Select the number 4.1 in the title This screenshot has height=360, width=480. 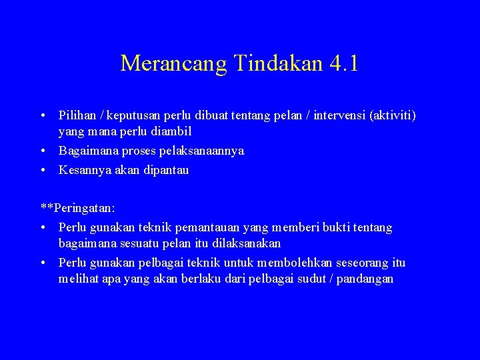[344, 63]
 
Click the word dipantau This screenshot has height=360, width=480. [164, 170]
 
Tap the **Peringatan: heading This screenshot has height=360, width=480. [78, 208]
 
